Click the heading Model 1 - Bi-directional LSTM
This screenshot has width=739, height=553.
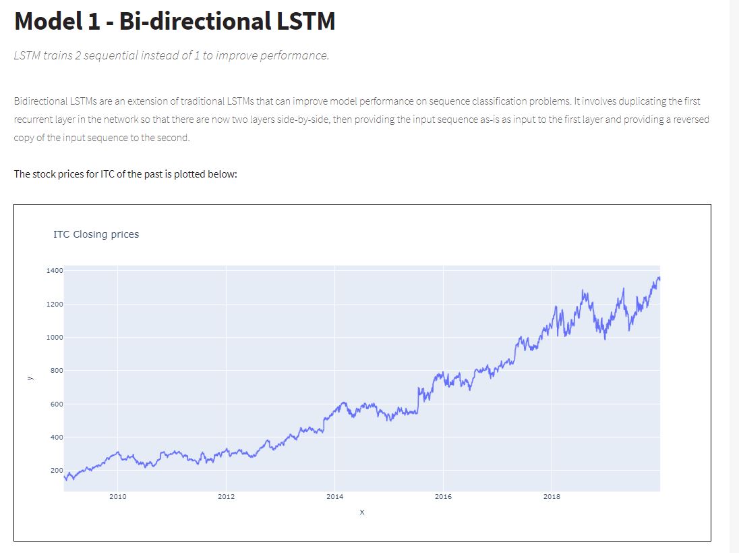175,22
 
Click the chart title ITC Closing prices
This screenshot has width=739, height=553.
96,234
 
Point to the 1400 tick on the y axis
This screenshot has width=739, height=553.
55,271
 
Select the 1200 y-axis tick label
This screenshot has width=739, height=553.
55,305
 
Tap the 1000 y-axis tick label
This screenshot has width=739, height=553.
55,338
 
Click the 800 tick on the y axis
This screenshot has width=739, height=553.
56,371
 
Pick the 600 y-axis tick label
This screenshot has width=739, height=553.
56,404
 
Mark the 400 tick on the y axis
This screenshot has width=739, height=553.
56,438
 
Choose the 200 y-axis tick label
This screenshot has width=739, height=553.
56,471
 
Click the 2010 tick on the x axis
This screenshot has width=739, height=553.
117,497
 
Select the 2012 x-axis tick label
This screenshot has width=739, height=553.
226,497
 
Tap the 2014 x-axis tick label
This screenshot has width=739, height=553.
334,497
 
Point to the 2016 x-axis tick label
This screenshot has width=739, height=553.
443,497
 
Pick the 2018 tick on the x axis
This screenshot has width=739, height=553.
552,497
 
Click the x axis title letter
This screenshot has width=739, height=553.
362,512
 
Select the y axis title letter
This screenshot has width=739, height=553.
29,378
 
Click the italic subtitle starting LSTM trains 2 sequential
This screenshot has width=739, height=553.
171,55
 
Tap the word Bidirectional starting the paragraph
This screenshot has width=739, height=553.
39,101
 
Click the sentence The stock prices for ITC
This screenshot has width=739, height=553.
125,174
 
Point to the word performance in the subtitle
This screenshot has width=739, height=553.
296,55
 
